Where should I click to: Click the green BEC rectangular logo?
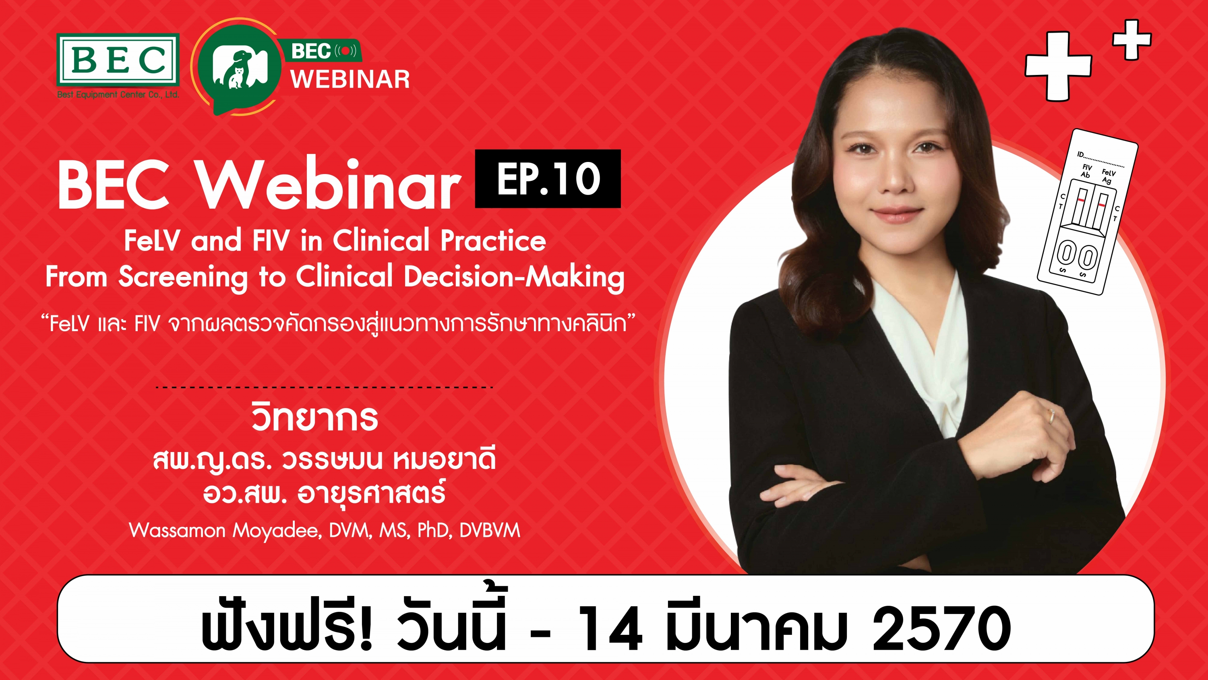coord(118,60)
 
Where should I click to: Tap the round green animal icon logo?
coord(240,66)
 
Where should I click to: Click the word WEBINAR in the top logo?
coord(350,79)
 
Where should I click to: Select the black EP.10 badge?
coord(548,178)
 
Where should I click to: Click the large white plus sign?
coord(1058,66)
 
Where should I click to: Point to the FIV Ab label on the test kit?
coord(1086,171)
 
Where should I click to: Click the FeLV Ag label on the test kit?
coord(1108,176)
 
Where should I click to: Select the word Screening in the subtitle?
coord(182,277)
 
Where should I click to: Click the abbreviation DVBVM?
coord(490,530)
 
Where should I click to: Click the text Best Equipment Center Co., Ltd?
coord(118,94)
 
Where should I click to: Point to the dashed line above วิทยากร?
coord(324,387)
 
